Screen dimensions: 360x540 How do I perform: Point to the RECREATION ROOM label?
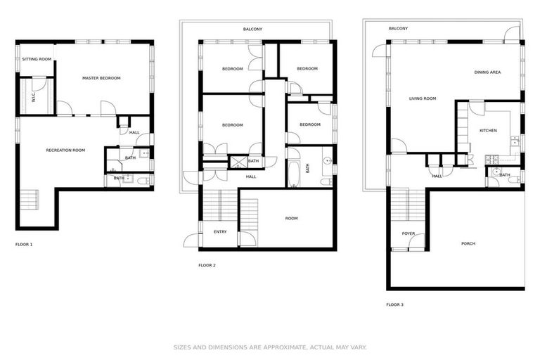pyautogui.click(x=65, y=150)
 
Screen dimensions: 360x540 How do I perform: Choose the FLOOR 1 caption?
pyautogui.click(x=24, y=244)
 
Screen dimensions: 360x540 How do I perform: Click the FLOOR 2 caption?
pyautogui.click(x=207, y=265)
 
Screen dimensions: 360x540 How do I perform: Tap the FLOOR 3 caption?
pyautogui.click(x=394, y=304)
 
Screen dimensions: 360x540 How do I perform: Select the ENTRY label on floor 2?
pyautogui.click(x=220, y=231)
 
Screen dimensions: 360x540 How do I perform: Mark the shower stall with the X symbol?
pyautogui.click(x=238, y=162)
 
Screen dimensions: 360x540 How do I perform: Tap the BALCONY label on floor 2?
pyautogui.click(x=253, y=29)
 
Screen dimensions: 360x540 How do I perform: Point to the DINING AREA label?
pyautogui.click(x=487, y=72)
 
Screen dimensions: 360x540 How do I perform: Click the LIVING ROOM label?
pyautogui.click(x=423, y=98)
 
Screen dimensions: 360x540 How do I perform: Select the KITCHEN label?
pyautogui.click(x=488, y=131)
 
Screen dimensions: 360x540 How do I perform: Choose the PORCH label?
pyautogui.click(x=468, y=244)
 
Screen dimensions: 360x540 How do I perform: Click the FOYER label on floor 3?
pyautogui.click(x=409, y=233)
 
